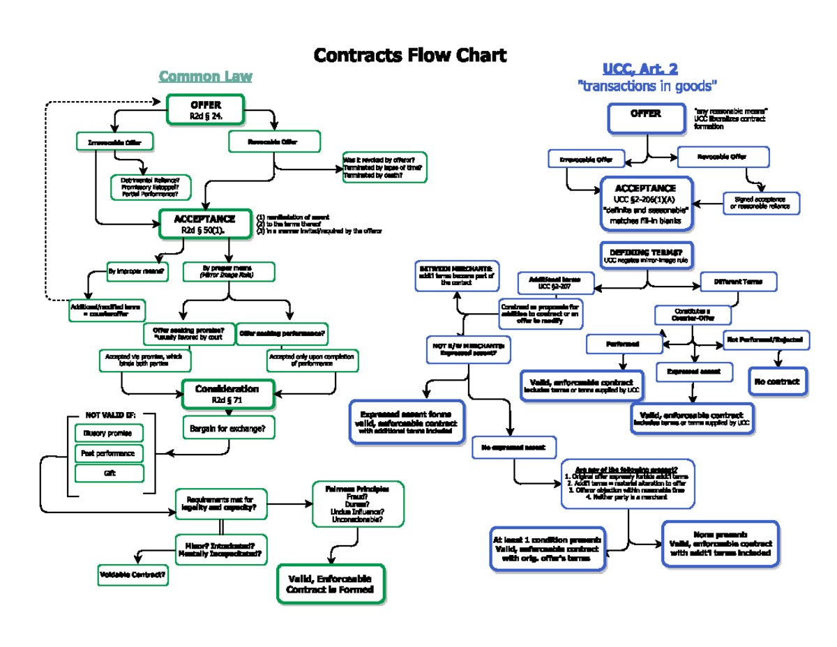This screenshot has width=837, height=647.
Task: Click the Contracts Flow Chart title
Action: tap(410, 55)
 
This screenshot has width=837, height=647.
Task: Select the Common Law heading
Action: tap(205, 76)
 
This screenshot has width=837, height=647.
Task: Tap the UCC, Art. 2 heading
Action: tap(640, 68)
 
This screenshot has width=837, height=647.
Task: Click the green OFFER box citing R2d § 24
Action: tap(206, 110)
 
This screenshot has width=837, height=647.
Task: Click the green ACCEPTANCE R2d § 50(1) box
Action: tap(204, 224)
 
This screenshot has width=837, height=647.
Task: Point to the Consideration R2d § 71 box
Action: tap(227, 394)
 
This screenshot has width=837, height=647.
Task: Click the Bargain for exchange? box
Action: tap(228, 428)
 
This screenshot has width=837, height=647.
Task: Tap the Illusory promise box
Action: tap(108, 433)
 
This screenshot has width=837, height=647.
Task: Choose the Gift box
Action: tap(108, 473)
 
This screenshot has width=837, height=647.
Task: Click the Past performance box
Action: tap(108, 453)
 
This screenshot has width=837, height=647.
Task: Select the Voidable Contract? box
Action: tap(133, 574)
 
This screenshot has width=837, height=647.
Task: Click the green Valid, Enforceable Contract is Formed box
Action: tap(331, 584)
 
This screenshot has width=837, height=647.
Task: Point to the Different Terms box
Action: tap(738, 282)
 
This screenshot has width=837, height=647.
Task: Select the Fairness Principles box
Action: tap(358, 504)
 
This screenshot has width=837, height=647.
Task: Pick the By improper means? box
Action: tap(137, 271)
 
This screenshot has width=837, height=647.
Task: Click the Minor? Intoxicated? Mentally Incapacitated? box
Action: tap(220, 549)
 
